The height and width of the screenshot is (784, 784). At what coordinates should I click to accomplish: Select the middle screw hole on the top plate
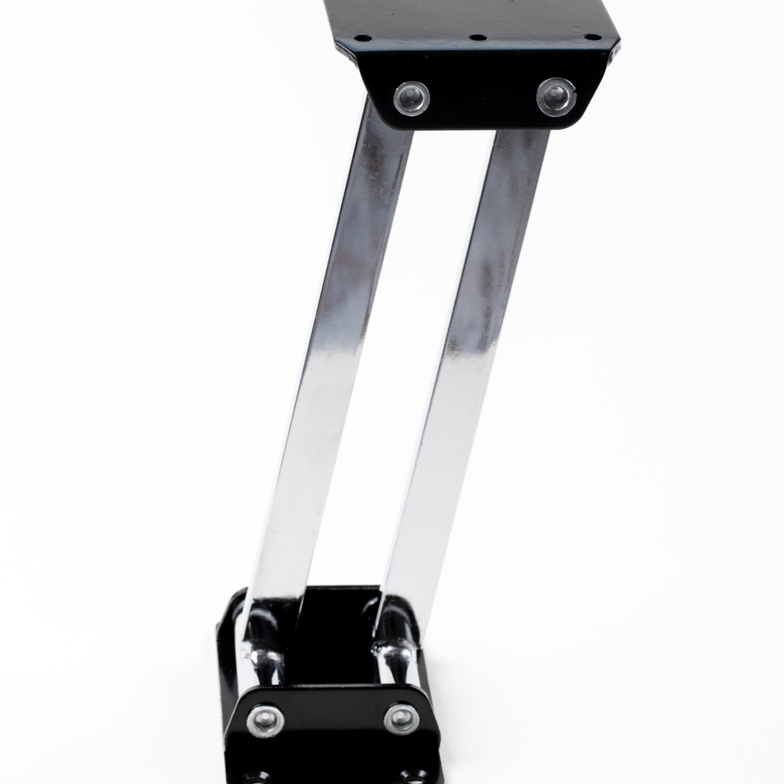(475, 38)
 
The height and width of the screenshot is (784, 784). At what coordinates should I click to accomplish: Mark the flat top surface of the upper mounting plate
(470, 13)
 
